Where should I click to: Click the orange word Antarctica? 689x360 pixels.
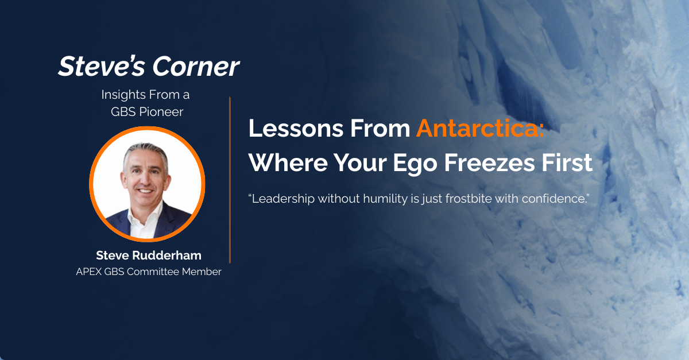click(480, 129)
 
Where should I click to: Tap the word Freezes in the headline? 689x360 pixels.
click(486, 163)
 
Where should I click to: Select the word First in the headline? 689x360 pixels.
click(564, 163)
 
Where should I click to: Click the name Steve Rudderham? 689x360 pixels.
click(148, 255)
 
